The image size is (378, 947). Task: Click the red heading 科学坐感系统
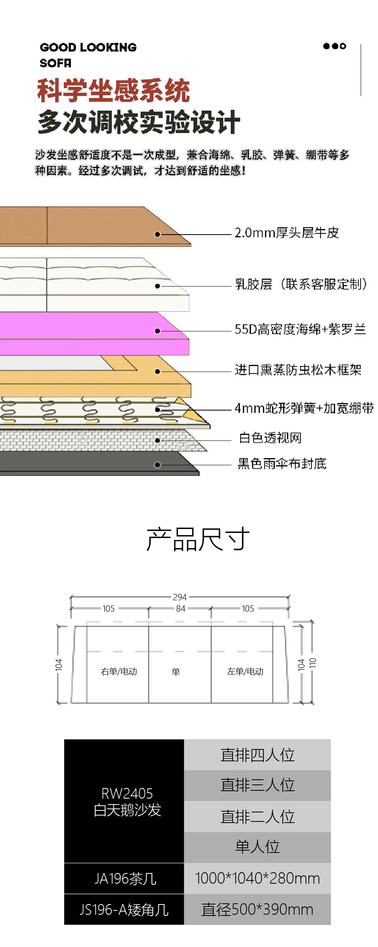point(113,91)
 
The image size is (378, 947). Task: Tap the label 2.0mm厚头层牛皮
point(287,233)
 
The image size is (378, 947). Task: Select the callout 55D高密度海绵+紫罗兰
point(300,329)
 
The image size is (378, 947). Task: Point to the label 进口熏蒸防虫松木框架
point(298,370)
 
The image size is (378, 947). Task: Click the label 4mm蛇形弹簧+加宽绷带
point(304,408)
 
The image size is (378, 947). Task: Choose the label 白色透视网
point(270,438)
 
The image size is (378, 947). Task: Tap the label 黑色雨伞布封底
point(282,464)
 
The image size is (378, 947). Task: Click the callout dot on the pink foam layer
point(157,331)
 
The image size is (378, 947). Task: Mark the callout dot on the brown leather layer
point(157,234)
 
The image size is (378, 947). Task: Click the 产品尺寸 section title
point(198,539)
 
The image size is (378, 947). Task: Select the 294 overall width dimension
point(180,597)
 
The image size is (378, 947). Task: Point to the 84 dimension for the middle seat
point(181,609)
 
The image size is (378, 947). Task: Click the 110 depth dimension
point(313,663)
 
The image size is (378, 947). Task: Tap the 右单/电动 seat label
point(119,671)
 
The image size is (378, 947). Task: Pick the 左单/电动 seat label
point(245,671)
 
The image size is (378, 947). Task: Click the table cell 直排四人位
point(258,755)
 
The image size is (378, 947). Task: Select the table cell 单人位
point(258,847)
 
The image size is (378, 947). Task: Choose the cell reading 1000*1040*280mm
point(258,878)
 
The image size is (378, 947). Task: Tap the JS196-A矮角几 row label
point(124,910)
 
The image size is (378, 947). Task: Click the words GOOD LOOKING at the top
point(88,47)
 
